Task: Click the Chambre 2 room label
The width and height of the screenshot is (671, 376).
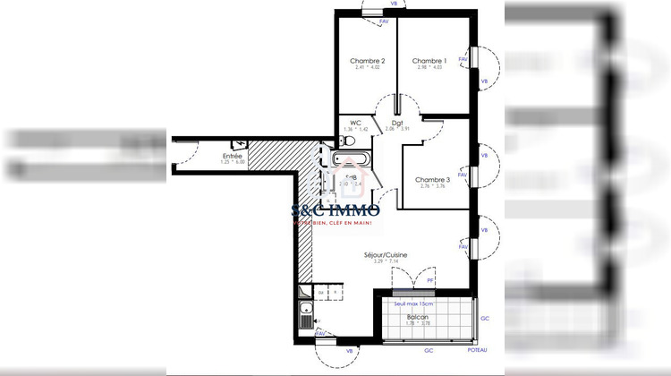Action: [368, 60]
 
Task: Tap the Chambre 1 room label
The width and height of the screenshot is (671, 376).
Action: [429, 60]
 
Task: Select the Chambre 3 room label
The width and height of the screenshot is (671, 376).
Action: [432, 180]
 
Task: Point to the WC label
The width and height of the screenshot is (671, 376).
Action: [355, 123]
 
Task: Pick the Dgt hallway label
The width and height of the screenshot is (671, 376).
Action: [396, 123]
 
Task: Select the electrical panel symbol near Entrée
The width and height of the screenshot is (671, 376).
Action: [239, 142]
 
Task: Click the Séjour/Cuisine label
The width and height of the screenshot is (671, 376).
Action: [386, 255]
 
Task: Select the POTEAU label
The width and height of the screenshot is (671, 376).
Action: [478, 349]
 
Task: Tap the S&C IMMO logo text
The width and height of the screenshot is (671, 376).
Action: [336, 210]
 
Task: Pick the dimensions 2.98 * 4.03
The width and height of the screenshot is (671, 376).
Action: [429, 67]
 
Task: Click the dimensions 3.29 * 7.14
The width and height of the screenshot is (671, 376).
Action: [386, 262]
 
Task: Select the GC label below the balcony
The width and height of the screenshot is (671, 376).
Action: [429, 349]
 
